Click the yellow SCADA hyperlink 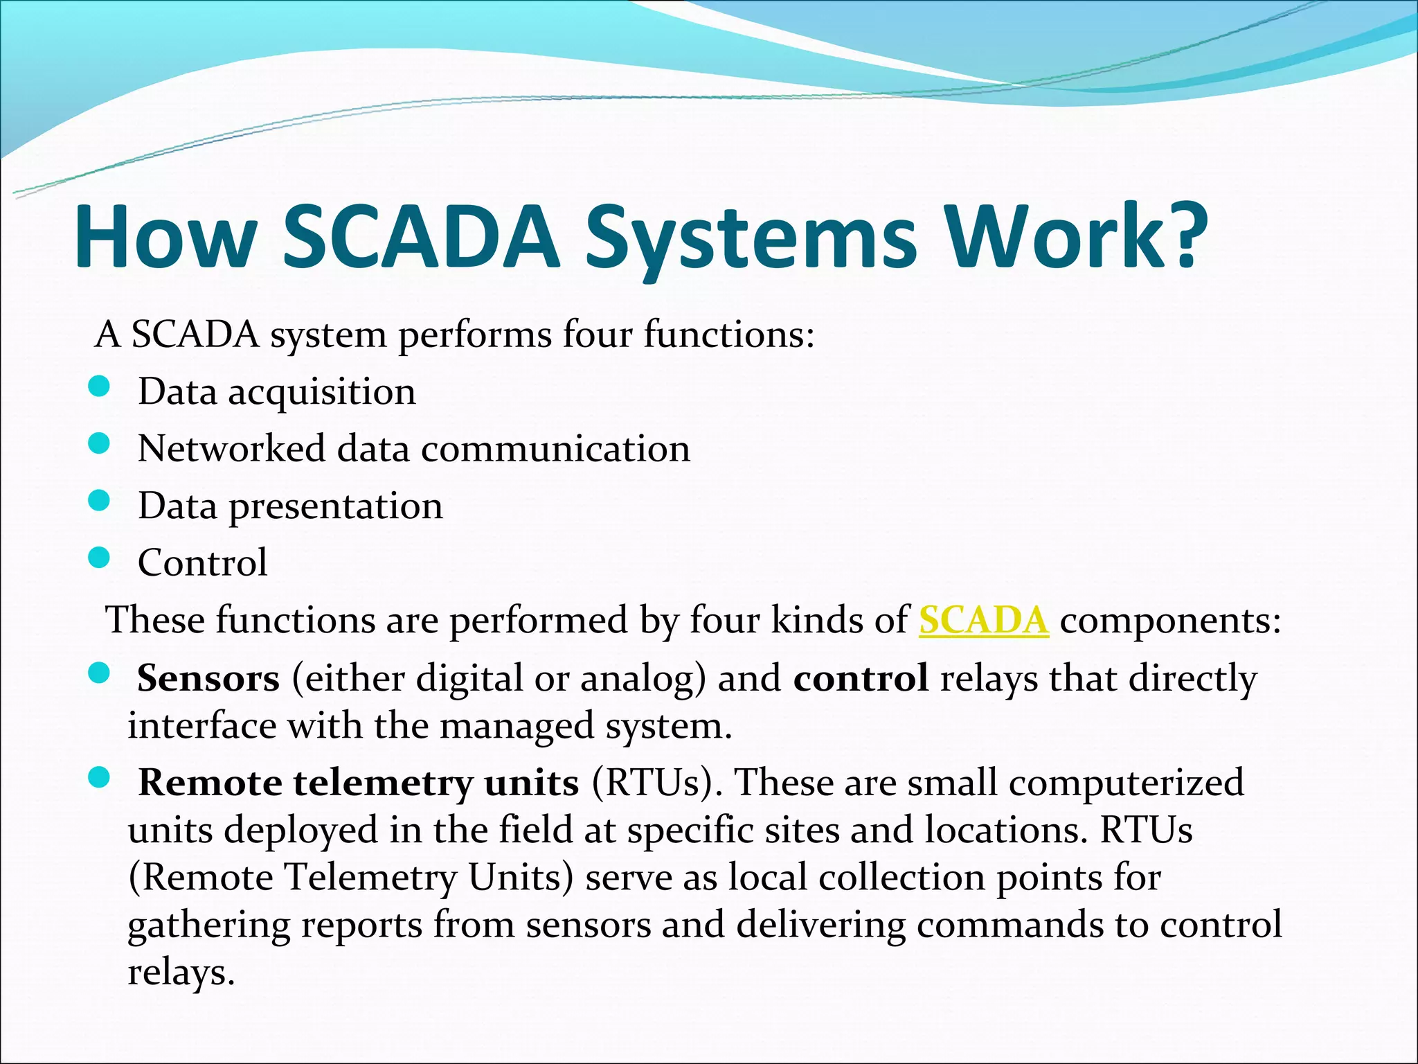tap(983, 620)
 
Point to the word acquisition tap(322, 393)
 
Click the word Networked tap(231, 448)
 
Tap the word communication tap(555, 449)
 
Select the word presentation tap(336, 506)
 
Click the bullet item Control tap(202, 562)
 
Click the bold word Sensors tap(208, 678)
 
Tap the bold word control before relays tap(861, 678)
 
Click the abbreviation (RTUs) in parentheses tap(655, 783)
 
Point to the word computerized tap(1126, 783)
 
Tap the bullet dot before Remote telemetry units tap(100, 779)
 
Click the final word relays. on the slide tap(181, 973)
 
